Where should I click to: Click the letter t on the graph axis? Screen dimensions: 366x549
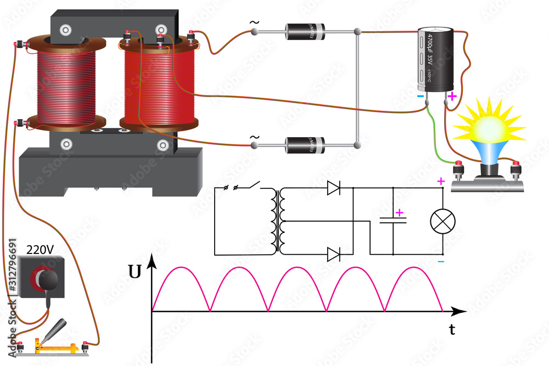pyautogui.click(x=452, y=330)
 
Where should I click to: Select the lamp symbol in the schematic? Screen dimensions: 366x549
pyautogui.click(x=442, y=221)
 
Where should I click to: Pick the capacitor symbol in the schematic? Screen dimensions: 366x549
pyautogui.click(x=394, y=221)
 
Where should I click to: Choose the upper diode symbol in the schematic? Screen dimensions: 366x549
pyautogui.click(x=333, y=188)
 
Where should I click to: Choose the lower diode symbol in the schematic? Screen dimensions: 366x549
pyautogui.click(x=333, y=255)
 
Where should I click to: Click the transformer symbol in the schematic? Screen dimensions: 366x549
pyautogui.click(x=278, y=221)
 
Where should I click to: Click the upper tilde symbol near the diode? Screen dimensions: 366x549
pyautogui.click(x=254, y=23)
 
